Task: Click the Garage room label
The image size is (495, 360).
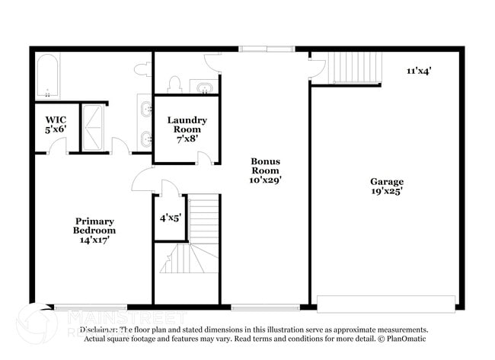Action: point(387,181)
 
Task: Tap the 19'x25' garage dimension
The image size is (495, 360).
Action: point(387,192)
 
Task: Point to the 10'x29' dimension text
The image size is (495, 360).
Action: point(266,181)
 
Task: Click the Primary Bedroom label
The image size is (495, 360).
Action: point(94,225)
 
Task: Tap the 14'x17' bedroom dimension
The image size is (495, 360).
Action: point(94,240)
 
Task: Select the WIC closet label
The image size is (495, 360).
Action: point(56,119)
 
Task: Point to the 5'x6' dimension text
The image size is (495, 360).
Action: point(56,130)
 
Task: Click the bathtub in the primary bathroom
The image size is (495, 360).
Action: point(47,77)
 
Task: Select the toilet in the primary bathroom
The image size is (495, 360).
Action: point(142,70)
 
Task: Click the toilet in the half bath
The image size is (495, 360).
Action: point(174,83)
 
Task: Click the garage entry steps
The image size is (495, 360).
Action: point(356,68)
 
